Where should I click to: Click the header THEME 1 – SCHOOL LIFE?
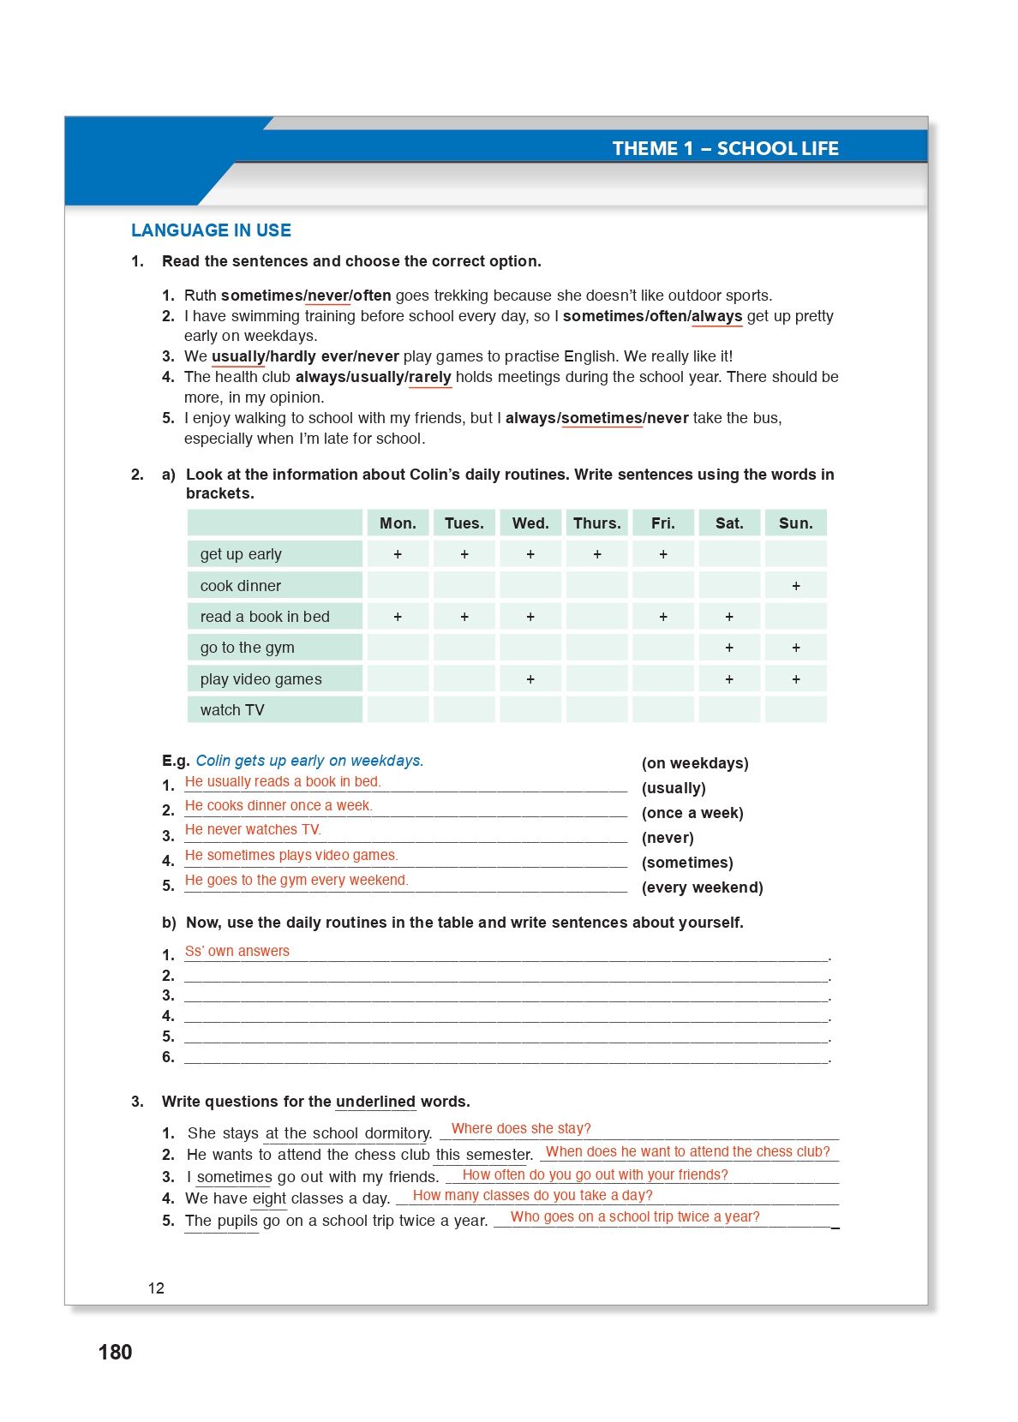(725, 148)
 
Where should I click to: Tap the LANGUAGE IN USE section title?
(211, 230)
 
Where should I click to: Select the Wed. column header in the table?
(530, 523)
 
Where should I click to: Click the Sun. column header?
(795, 523)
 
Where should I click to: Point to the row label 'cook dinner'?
(241, 586)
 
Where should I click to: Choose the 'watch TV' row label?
(232, 710)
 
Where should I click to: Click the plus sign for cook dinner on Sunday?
(796, 586)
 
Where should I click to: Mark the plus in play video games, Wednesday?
(530, 679)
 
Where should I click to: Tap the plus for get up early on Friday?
(663, 554)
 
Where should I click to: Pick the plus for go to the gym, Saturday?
(729, 648)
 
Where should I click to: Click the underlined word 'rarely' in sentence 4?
(430, 377)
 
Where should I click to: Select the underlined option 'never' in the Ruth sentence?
(328, 296)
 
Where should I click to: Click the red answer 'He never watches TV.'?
(253, 829)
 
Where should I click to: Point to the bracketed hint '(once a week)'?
(692, 813)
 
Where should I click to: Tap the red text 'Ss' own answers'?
(237, 951)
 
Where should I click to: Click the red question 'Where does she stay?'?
(521, 1128)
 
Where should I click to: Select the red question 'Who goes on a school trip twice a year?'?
(635, 1216)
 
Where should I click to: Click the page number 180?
(116, 1352)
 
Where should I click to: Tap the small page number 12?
(156, 1288)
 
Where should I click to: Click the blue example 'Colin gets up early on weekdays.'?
(309, 761)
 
